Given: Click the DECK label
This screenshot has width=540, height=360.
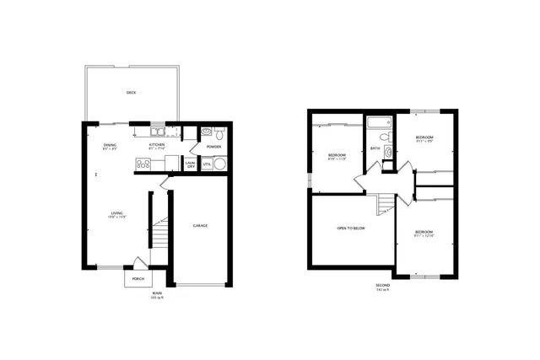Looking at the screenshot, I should click(131, 93).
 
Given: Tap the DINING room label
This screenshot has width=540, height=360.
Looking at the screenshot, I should click(110, 146).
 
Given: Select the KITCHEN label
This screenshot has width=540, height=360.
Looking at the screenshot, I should click(157, 146).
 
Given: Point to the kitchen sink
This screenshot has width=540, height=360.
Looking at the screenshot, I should click(157, 132).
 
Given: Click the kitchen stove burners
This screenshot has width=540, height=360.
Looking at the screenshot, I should click(142, 164).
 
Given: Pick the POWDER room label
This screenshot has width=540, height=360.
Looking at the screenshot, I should click(213, 147).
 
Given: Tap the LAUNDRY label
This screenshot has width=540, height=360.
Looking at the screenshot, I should click(192, 165).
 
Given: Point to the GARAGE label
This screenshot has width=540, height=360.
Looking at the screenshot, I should click(200, 225).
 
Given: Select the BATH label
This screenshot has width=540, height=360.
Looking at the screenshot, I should click(375, 149).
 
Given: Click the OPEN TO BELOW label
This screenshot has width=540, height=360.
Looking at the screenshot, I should click(350, 228).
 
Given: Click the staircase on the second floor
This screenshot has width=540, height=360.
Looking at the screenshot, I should click(386, 203).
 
